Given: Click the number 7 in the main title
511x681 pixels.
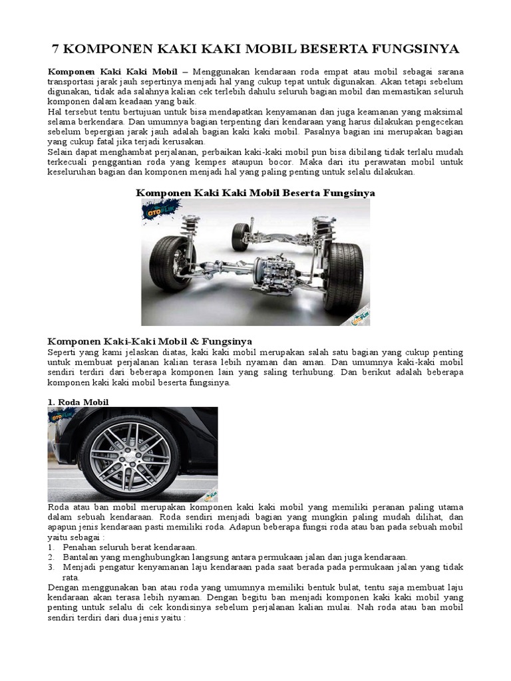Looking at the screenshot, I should click(x=56, y=49).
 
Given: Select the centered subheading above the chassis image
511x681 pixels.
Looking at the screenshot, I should click(x=255, y=192).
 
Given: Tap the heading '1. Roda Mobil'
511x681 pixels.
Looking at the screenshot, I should click(x=78, y=402).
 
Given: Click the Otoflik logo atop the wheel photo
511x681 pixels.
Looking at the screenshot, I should click(x=61, y=416).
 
